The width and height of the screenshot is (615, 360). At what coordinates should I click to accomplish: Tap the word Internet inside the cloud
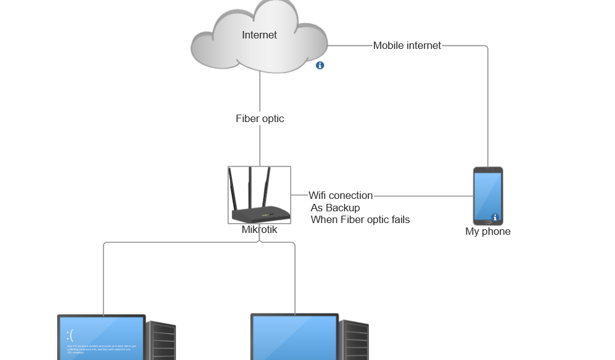(x=259, y=35)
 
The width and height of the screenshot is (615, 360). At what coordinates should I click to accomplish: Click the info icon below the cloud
(x=320, y=65)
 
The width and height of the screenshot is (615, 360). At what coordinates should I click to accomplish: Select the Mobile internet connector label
(x=407, y=45)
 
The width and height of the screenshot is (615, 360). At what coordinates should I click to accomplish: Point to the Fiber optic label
(x=260, y=118)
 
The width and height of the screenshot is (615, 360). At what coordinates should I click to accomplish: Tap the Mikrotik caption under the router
(x=259, y=230)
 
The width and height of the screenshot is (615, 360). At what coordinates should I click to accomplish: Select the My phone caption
(x=488, y=232)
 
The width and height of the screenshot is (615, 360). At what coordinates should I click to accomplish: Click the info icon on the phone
(x=495, y=217)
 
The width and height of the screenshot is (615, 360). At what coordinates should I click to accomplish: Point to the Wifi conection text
(x=340, y=196)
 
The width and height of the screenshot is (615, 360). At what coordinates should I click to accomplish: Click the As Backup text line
(x=335, y=208)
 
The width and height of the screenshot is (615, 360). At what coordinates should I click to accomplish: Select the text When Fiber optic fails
(x=360, y=219)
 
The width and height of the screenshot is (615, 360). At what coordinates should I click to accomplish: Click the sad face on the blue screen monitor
(x=70, y=335)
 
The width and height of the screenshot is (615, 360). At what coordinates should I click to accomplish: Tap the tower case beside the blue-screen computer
(x=161, y=341)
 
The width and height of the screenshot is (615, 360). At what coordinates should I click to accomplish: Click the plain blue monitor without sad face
(x=294, y=338)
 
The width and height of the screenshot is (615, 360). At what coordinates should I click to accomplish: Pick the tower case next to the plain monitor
(x=355, y=341)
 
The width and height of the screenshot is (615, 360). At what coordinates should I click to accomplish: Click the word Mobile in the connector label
(x=389, y=45)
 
